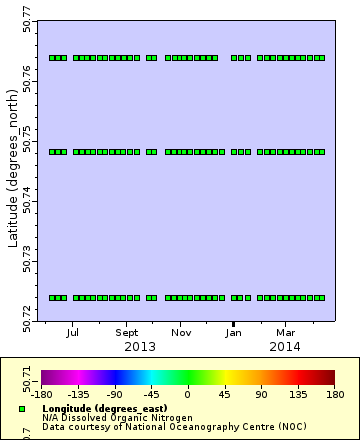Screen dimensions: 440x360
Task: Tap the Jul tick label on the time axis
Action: pos(74,332)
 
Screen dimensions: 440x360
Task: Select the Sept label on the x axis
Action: pos(127,332)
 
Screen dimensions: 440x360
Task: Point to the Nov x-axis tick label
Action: pos(181,332)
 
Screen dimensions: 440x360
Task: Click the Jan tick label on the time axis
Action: pos(234,332)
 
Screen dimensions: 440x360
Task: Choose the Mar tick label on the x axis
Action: pos(286,332)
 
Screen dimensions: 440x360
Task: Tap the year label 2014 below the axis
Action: pos(286,346)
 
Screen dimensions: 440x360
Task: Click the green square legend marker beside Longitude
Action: pos(22,409)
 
